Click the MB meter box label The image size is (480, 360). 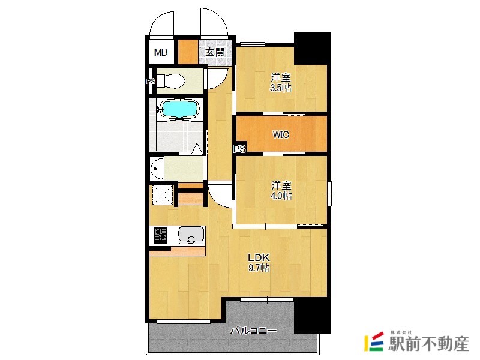click(161, 52)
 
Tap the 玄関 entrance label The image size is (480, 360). click(215, 52)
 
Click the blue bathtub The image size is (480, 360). click(180, 109)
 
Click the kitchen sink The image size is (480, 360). click(191, 235)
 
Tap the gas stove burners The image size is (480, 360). click(160, 235)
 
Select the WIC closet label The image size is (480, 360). click(281, 134)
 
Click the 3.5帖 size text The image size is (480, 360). click(280, 88)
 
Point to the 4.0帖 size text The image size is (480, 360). click(281, 196)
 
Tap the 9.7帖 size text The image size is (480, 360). click(259, 268)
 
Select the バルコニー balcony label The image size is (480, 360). click(253, 331)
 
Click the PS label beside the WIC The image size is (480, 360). click(239, 149)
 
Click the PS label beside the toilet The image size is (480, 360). click(151, 82)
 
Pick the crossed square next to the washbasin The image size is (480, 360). click(163, 195)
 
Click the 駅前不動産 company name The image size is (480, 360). click(428, 343)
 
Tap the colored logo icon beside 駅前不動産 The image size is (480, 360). click(374, 341)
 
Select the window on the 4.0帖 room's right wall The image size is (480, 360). click(329, 193)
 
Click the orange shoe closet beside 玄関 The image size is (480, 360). click(188, 52)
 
